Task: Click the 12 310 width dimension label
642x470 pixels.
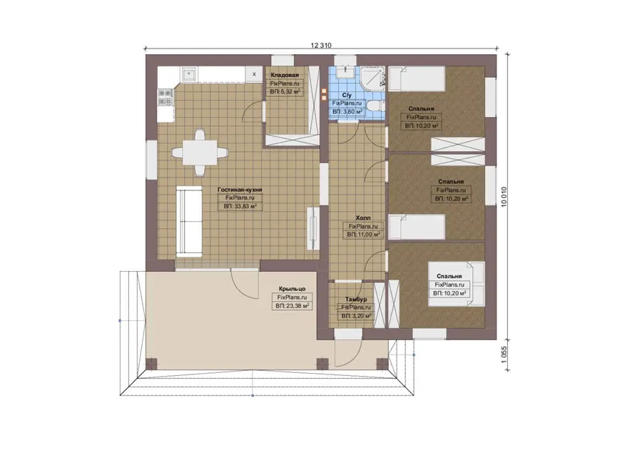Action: [x=321, y=46]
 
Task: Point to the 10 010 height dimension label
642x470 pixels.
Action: [x=504, y=197]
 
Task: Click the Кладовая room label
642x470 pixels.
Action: [x=285, y=75]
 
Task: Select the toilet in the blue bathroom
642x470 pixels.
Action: [x=374, y=106]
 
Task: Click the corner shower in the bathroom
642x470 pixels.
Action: [x=372, y=78]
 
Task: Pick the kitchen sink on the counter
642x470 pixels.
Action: [x=189, y=74]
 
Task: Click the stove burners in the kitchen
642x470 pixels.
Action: [x=165, y=97]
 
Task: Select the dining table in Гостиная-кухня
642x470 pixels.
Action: [x=200, y=153]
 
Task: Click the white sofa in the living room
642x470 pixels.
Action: [x=189, y=222]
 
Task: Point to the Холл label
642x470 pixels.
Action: [x=363, y=218]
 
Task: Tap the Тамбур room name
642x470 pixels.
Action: [x=356, y=300]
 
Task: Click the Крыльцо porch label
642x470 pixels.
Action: [x=292, y=289]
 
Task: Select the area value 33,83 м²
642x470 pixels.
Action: [x=240, y=206]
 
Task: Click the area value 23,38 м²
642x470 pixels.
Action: [x=292, y=306]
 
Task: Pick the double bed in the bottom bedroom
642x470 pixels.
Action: [x=456, y=284]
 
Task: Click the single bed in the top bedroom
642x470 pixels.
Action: [x=417, y=78]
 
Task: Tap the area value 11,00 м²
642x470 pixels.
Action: [x=364, y=235]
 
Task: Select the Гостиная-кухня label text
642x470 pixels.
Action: [x=240, y=190]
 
